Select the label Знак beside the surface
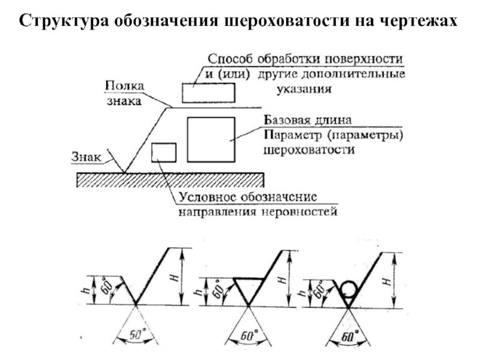coord(86,157)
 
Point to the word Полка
coord(124,86)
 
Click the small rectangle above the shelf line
coord(208,93)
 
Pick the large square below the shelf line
coord(211,139)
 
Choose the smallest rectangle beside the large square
coord(164,152)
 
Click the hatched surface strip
coord(170,180)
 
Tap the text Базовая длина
coord(308,119)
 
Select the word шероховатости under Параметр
coord(309,150)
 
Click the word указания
coord(304,89)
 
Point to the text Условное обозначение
coord(248,197)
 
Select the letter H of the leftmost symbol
coord(175,278)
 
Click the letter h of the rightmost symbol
coord(302,293)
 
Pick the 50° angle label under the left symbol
coord(136,334)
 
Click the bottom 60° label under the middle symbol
coord(248,335)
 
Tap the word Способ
coord(230,59)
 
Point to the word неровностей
coord(299,212)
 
